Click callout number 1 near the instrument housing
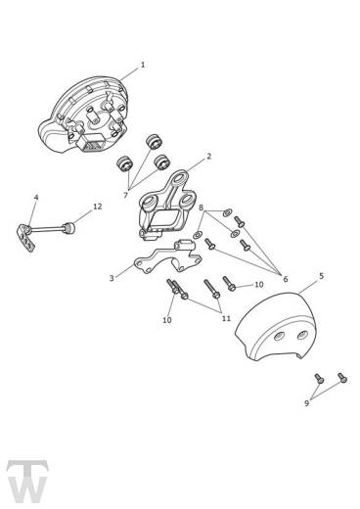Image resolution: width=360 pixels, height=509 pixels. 143,65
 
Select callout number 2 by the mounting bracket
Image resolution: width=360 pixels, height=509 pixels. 209,157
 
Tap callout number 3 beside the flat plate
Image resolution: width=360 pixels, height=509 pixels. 112,278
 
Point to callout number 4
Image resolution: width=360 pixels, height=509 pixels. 36,198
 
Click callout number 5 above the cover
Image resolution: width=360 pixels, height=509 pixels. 321,276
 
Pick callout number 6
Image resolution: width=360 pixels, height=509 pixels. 286,279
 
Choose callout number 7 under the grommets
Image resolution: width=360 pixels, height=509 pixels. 125,196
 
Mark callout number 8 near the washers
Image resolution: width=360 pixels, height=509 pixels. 201,208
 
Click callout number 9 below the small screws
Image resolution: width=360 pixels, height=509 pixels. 306,403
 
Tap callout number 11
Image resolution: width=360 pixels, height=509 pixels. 226,318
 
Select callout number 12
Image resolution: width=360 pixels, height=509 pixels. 98,207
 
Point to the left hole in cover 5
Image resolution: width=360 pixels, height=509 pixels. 279,336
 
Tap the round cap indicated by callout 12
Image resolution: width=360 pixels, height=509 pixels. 69,228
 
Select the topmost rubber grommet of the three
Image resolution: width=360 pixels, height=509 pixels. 153,141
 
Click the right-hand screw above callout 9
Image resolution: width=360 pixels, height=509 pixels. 342,378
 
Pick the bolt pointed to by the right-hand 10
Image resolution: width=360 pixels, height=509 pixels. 229,283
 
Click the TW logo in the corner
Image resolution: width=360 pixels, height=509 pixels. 27,482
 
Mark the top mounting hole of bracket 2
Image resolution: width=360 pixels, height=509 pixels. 179,178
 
